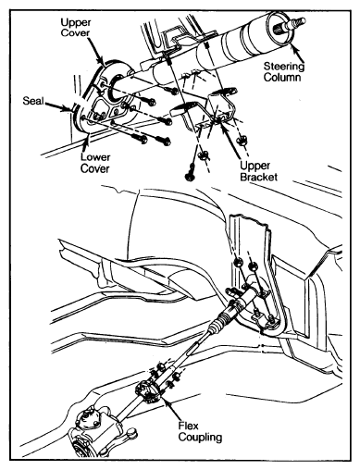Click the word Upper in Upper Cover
[76, 22]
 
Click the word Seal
[33, 101]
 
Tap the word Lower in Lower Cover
[95, 157]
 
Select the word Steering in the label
[284, 67]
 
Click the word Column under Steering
[282, 77]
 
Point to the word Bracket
[258, 177]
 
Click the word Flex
[189, 426]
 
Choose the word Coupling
[200, 437]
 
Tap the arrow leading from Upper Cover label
[98, 52]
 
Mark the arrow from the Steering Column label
[297, 53]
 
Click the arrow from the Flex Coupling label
[172, 408]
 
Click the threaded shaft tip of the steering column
[295, 23]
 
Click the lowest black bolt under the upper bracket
[190, 175]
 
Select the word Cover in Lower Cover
[95, 168]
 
